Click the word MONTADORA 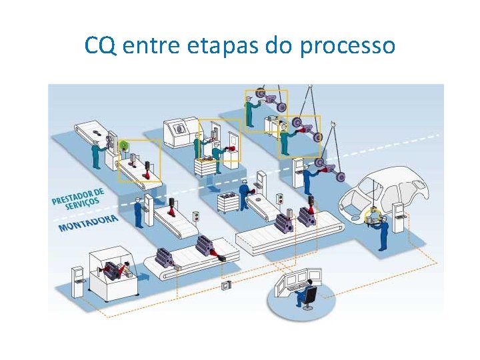88,223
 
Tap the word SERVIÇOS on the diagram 83,203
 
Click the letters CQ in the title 98,46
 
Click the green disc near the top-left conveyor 123,145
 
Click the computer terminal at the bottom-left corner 78,279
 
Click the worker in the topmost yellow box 249,111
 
